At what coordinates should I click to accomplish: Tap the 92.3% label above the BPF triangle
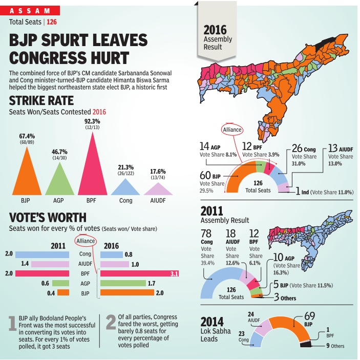(92, 121)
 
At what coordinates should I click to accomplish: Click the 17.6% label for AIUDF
(157, 171)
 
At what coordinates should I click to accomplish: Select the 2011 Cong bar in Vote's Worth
(42, 254)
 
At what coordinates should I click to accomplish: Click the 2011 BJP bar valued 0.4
(62, 292)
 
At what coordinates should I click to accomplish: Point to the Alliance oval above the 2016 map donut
(231, 130)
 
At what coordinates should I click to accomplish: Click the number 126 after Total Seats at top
(52, 22)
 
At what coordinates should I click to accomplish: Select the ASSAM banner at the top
(29, 10)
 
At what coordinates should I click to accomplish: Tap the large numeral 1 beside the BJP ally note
(12, 324)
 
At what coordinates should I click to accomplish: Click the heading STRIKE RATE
(41, 100)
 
